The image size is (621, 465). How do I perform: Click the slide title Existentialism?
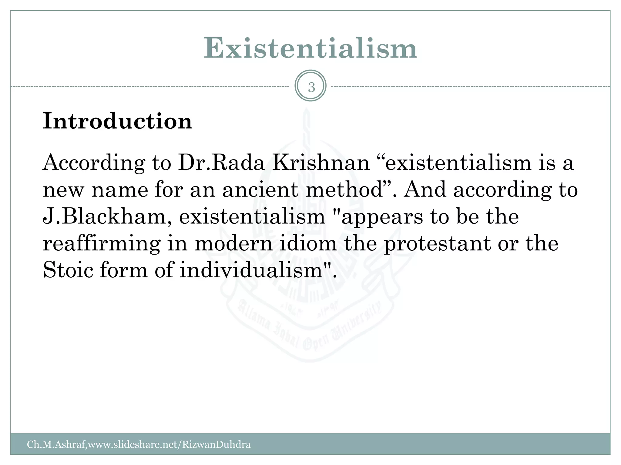tap(310, 48)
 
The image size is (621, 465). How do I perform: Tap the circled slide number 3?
tap(310, 87)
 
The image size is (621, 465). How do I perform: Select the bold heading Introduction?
tap(117, 121)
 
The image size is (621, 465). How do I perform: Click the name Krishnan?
tap(321, 163)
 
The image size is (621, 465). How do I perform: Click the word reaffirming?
tap(102, 244)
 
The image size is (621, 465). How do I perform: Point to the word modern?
tap(233, 243)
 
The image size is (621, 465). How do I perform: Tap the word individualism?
tap(251, 270)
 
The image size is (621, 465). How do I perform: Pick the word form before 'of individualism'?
tap(123, 270)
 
